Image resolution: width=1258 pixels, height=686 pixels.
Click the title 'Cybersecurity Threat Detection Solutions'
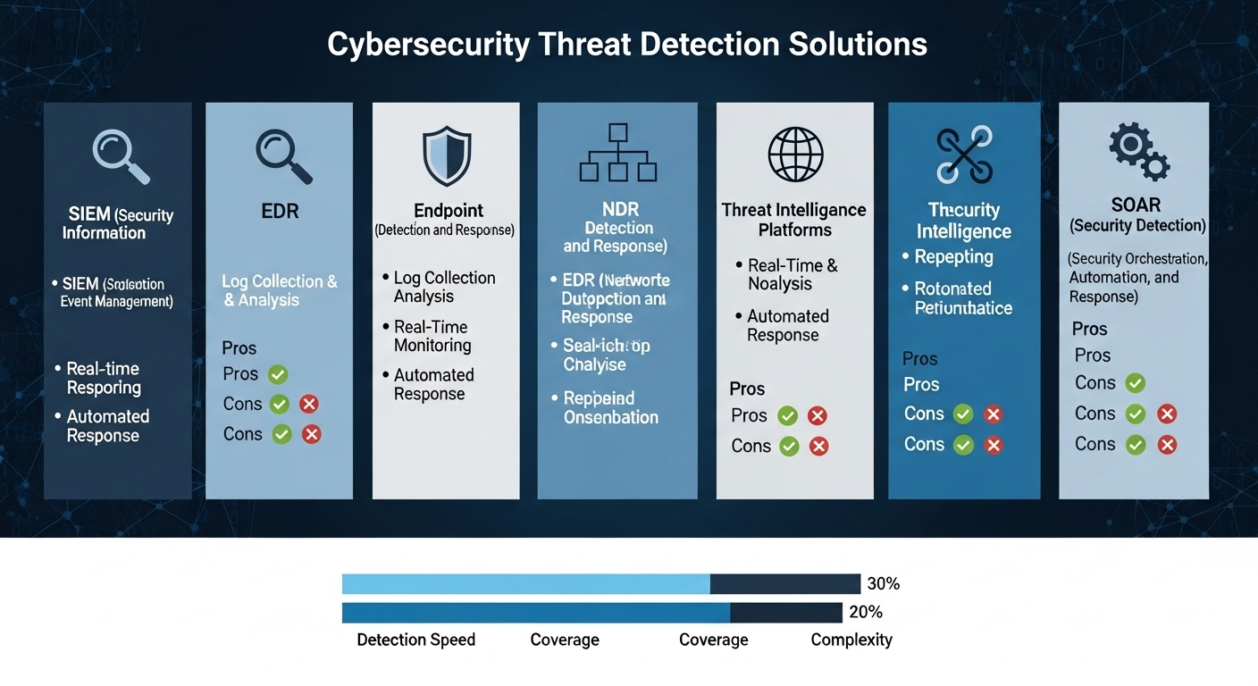627,45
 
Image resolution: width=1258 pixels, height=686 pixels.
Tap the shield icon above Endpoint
446,155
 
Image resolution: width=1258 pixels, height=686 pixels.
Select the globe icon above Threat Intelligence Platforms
794,155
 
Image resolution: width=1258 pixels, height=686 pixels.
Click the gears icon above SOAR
1138,153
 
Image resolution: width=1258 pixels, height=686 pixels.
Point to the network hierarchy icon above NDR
617,153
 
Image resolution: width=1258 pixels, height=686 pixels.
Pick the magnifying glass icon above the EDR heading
283,155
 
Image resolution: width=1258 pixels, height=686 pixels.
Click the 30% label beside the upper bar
883,584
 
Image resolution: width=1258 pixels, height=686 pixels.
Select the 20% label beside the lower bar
865,612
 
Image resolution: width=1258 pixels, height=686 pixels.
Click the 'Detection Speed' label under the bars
415,640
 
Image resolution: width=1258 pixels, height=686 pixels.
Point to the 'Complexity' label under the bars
851,640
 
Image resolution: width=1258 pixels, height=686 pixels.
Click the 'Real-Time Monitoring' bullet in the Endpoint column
432,336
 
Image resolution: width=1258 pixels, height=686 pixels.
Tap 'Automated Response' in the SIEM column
107,426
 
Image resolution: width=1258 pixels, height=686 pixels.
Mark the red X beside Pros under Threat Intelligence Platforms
817,415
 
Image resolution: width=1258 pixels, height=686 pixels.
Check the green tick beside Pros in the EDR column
277,374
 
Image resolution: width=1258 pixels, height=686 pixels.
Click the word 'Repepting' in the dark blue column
953,256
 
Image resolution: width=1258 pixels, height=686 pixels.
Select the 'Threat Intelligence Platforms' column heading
793,220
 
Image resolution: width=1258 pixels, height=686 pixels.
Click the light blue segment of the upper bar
525,584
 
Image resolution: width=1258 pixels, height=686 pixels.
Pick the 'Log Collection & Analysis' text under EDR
280,291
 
